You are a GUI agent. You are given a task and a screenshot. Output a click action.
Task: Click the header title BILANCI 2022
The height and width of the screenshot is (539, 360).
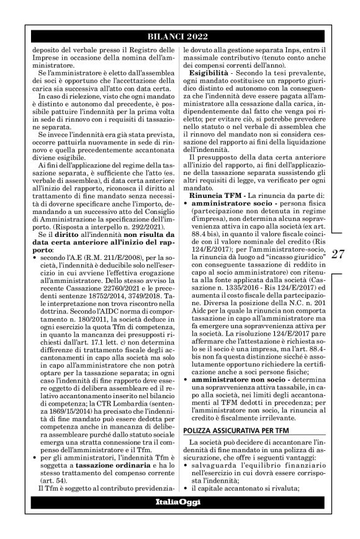179,36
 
